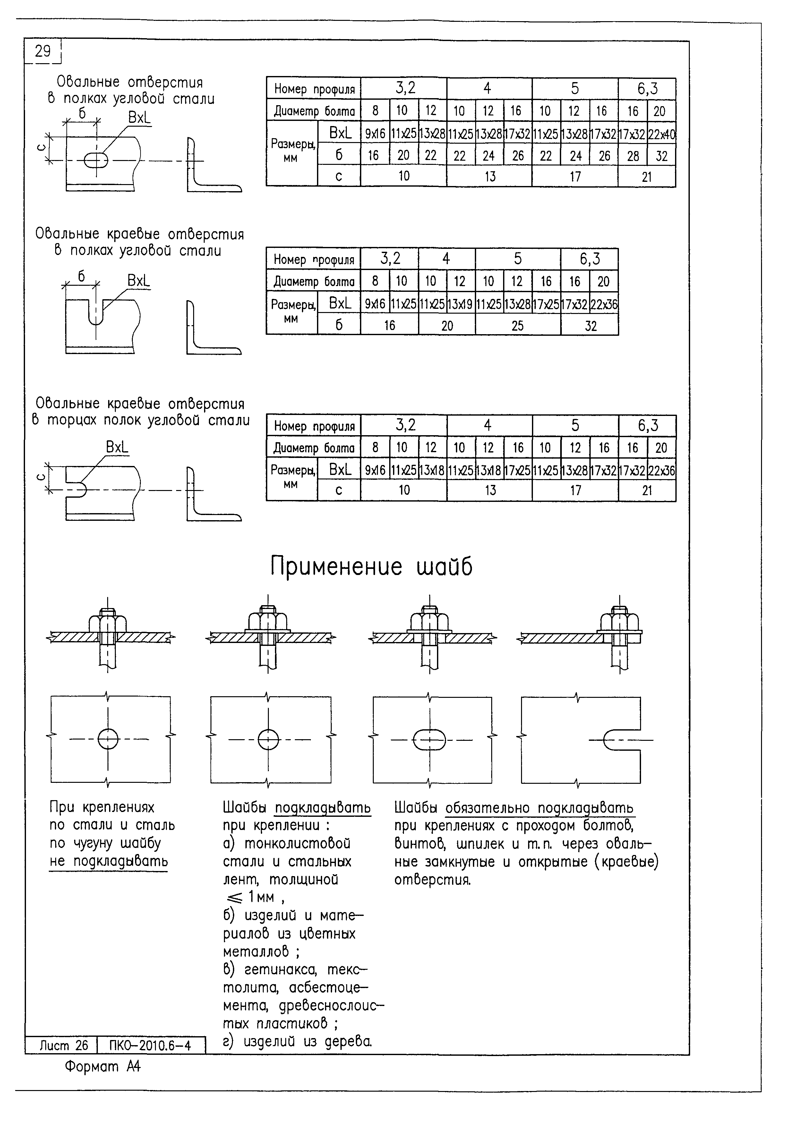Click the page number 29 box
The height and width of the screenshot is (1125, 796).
[x=43, y=51]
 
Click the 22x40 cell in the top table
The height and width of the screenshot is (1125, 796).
[x=662, y=133]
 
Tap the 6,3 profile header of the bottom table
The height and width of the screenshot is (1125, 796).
[x=647, y=425]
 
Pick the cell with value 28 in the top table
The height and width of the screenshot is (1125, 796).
[x=633, y=156]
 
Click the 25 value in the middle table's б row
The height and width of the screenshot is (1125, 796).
[x=518, y=326]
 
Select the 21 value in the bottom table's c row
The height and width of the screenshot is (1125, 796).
[x=647, y=490]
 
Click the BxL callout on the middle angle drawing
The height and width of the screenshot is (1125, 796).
[x=139, y=281]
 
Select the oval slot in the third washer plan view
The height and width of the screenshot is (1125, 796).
[x=430, y=740]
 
